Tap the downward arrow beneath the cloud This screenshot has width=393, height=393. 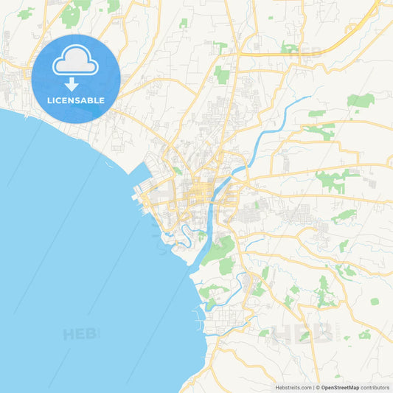(x=76, y=84)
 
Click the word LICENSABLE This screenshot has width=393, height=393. (x=76, y=100)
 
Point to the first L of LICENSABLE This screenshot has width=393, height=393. (x=49, y=100)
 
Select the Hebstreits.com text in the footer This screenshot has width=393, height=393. (x=292, y=387)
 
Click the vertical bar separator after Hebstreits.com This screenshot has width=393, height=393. (x=313, y=387)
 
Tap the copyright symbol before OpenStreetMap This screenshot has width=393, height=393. (x=318, y=387)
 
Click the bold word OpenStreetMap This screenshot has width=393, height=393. (x=341, y=387)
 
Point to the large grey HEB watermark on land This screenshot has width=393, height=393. (x=302, y=333)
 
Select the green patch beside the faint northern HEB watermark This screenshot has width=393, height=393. (x=289, y=48)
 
